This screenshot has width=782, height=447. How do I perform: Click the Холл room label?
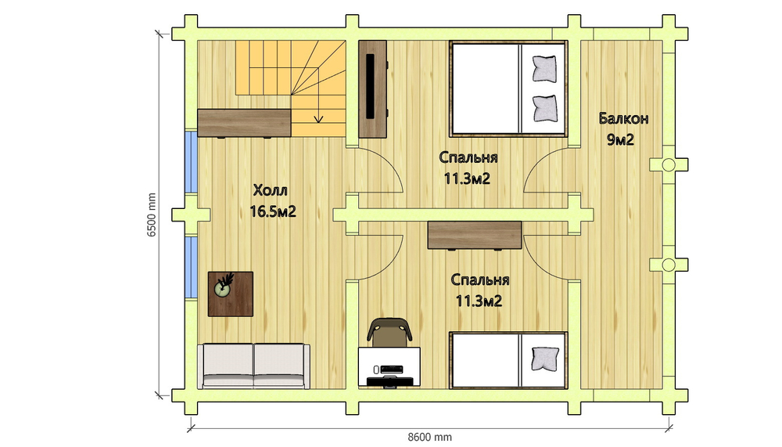pyautogui.click(x=271, y=190)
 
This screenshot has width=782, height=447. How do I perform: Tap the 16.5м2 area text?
pyautogui.click(x=273, y=212)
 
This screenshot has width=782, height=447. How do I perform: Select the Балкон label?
pyautogui.click(x=623, y=119)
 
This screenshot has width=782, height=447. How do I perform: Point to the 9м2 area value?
pyautogui.click(x=620, y=140)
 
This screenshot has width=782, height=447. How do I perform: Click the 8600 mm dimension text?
pyautogui.click(x=430, y=437)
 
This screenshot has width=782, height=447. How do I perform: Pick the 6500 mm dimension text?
pyautogui.click(x=152, y=214)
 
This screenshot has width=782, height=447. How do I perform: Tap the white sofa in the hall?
pyautogui.click(x=253, y=366)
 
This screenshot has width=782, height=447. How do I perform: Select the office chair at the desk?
pyautogui.click(x=389, y=332)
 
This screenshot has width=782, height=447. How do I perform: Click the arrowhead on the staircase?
pyautogui.click(x=318, y=119)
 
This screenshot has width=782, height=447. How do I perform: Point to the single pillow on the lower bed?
pyautogui.click(x=545, y=359)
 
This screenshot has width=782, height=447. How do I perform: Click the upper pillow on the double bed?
pyautogui.click(x=544, y=68)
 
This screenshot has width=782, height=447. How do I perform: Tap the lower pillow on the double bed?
pyautogui.click(x=544, y=108)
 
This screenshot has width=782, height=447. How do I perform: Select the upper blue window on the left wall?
pyautogui.click(x=191, y=162)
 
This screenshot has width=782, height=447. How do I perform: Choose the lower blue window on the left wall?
pyautogui.click(x=191, y=268)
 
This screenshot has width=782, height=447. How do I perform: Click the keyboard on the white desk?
pyautogui.click(x=392, y=369)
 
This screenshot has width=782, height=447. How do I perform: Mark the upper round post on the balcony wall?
pyautogui.click(x=669, y=164)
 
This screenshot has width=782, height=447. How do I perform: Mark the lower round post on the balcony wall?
pyautogui.click(x=669, y=265)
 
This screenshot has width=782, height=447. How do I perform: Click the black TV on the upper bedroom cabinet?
pyautogui.click(x=371, y=86)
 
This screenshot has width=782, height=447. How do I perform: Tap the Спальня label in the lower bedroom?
pyautogui.click(x=480, y=279)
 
